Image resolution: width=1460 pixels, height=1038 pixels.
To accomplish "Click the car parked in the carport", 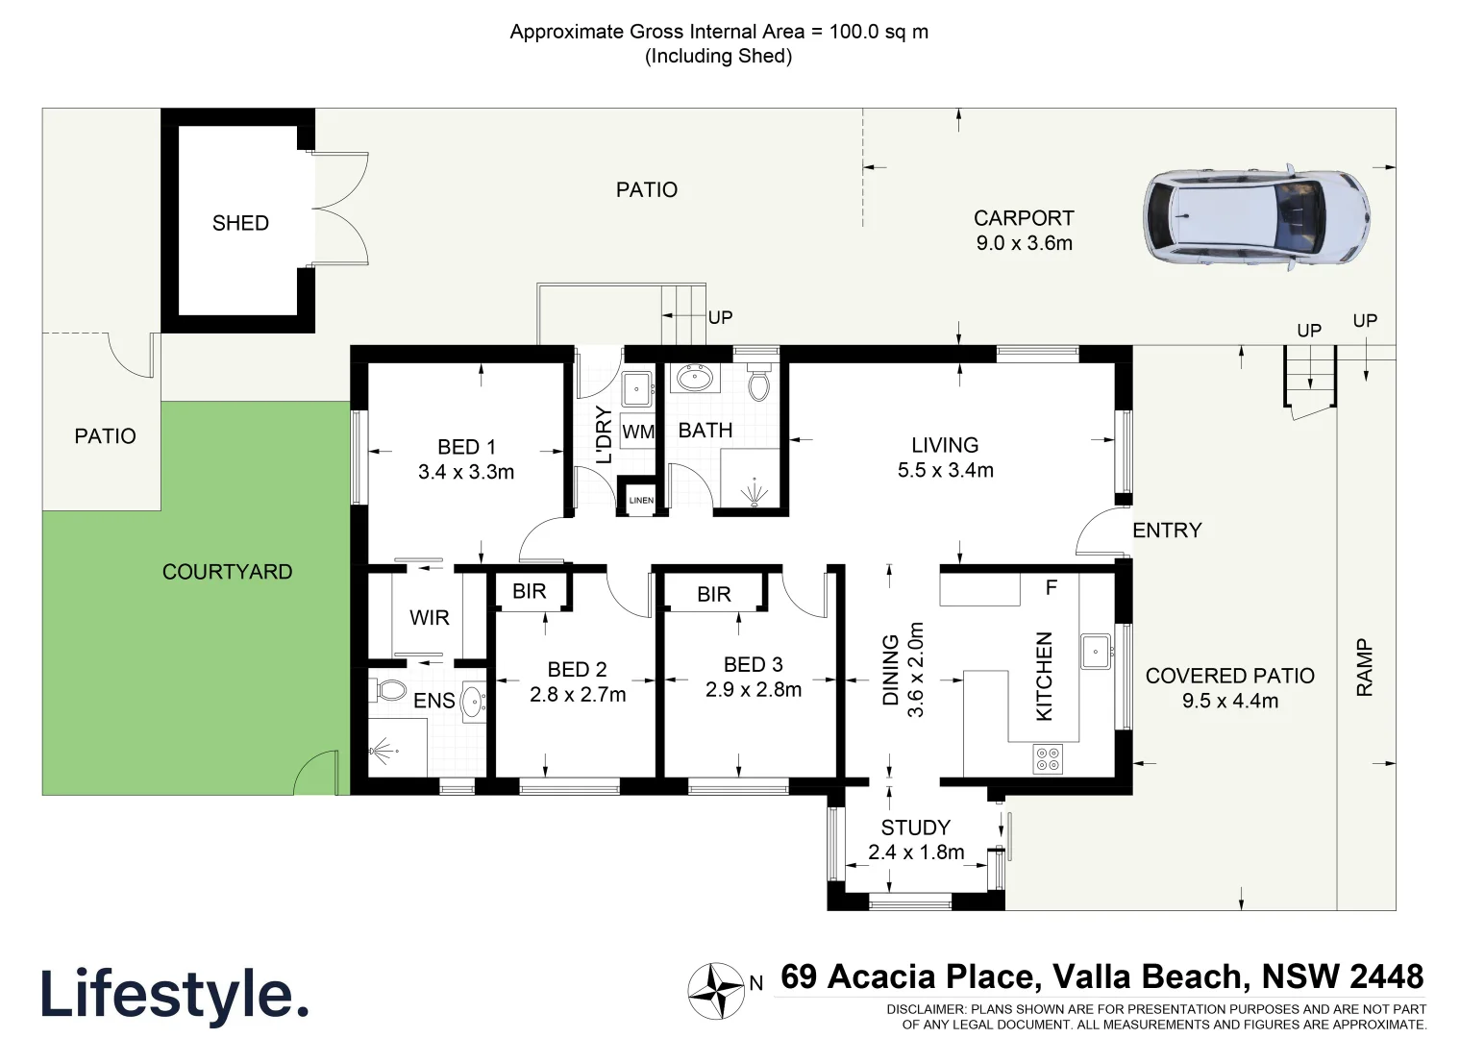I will (x=1256, y=217).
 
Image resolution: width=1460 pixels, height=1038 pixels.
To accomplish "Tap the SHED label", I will (x=240, y=223).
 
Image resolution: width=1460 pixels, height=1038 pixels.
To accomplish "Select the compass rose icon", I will (x=716, y=991).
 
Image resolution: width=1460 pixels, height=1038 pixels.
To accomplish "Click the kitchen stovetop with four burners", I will (x=1048, y=759).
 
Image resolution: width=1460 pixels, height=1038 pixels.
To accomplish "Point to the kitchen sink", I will (x=1096, y=652).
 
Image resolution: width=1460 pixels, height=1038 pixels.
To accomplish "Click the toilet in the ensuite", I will (x=389, y=690).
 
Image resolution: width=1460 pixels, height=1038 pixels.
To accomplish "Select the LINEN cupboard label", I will (x=641, y=500).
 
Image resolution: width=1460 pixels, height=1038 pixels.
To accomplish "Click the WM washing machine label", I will (x=637, y=432).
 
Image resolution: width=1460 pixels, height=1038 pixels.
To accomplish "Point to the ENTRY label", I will (x=1167, y=531).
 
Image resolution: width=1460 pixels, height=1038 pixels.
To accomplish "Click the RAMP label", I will (x=1365, y=667).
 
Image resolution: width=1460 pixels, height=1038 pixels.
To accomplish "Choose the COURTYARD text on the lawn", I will (x=227, y=572).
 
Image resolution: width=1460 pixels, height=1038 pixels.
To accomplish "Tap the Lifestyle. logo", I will (x=174, y=994).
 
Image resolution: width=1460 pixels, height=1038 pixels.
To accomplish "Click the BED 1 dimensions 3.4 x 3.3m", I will (x=466, y=472).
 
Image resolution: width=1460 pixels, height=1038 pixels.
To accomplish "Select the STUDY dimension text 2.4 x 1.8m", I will (x=916, y=853).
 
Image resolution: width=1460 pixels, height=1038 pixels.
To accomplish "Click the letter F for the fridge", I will (x=1052, y=587).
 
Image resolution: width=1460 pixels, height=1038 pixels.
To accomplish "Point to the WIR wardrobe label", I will (x=429, y=618).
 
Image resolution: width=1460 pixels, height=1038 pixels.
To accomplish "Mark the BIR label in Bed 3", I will (x=714, y=595).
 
